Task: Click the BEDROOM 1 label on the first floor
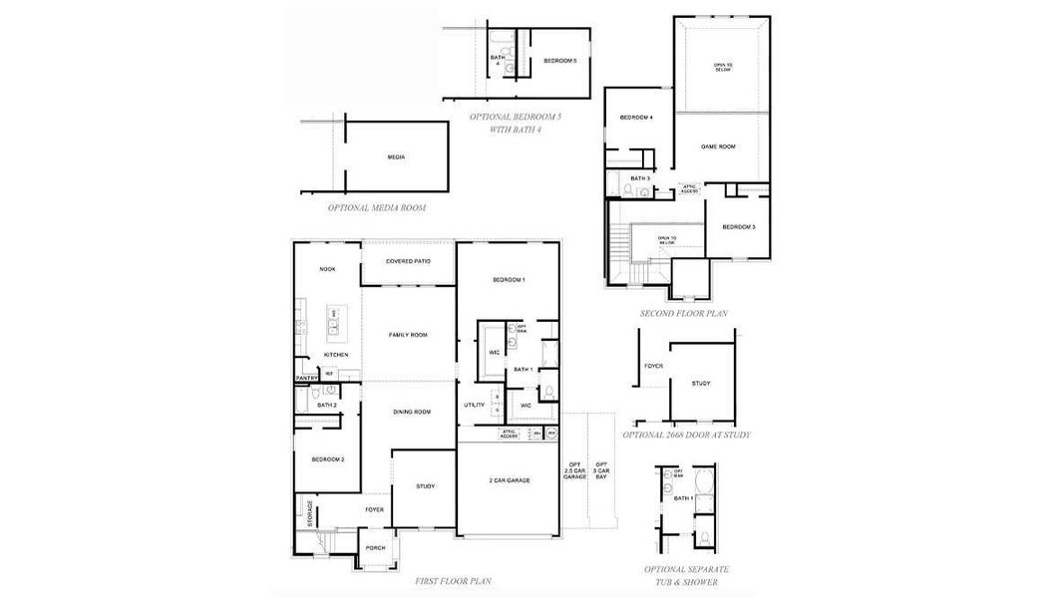[x=508, y=280]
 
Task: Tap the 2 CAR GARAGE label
[x=509, y=480]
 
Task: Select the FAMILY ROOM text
[x=408, y=335]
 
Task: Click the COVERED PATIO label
[x=408, y=261]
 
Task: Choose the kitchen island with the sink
[x=334, y=321]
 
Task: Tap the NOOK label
[x=326, y=270]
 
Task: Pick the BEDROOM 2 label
[x=327, y=459]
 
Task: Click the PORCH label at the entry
[x=375, y=547]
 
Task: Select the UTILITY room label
[x=474, y=405]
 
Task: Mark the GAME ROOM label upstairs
[x=718, y=147]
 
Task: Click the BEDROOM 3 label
[x=739, y=227]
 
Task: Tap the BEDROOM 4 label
[x=636, y=119]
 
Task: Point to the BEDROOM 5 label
[x=559, y=61]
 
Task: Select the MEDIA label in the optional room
[x=396, y=157]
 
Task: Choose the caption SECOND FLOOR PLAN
[x=683, y=313]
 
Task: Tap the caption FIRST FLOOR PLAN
[x=453, y=580]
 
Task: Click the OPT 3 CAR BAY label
[x=601, y=471]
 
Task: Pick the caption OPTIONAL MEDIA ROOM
[x=377, y=208]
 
